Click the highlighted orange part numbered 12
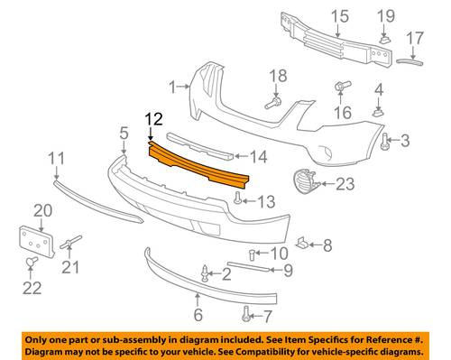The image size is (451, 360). tap(198, 165)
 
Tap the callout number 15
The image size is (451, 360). tap(340, 16)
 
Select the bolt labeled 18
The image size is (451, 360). tap(273, 103)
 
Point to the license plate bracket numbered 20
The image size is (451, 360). tap(37, 242)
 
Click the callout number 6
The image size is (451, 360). tap(198, 315)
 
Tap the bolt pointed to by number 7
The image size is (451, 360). tap(245, 314)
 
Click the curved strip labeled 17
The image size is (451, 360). tap(410, 62)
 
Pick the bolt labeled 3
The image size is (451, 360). tap(384, 142)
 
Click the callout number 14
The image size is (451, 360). tap(258, 157)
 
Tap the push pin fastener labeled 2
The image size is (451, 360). tap(205, 273)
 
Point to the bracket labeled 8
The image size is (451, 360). tap(301, 244)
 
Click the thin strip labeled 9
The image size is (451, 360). tap(248, 267)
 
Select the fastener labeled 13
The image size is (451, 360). tap(237, 198)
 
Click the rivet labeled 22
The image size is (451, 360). tap(32, 263)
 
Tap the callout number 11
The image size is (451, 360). tap(57, 159)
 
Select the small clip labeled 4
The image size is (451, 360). tap(379, 113)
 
